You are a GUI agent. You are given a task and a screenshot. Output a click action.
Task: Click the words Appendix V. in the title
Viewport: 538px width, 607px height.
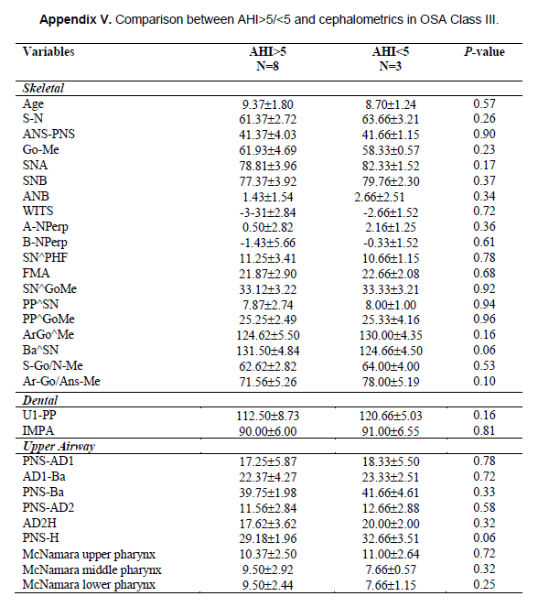tap(75, 19)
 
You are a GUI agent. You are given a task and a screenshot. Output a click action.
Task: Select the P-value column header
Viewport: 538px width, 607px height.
tap(484, 51)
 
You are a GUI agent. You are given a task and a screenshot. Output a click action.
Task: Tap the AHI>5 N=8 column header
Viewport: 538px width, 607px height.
tap(267, 59)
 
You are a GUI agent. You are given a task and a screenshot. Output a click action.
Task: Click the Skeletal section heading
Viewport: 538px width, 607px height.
tap(43, 88)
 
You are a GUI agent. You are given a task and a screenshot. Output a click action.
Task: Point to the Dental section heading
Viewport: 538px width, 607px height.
tap(40, 400)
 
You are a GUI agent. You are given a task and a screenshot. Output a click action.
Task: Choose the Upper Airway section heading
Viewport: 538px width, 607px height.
tap(59, 447)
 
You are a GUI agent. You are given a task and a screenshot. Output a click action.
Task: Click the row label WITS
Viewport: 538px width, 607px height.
tap(38, 211)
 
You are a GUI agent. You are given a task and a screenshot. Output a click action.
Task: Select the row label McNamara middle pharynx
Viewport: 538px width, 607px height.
tap(92, 569)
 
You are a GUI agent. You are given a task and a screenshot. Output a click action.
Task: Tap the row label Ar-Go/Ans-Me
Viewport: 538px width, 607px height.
tap(61, 381)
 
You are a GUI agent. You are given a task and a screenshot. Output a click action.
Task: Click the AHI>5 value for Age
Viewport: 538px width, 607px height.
tap(268, 104)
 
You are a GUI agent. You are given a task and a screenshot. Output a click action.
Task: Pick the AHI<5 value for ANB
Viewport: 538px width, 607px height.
tap(380, 197)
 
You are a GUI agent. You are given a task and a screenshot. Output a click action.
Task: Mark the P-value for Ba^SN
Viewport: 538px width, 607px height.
tap(484, 350)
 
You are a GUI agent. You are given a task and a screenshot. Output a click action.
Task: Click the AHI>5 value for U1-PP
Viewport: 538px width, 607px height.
tap(268, 416)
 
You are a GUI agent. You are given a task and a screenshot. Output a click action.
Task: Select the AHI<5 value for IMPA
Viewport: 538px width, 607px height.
tap(391, 431)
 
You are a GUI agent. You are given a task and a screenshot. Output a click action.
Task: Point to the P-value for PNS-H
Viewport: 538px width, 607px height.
tap(484, 537)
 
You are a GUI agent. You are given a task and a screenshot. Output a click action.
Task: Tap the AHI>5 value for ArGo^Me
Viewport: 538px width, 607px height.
tap(268, 335)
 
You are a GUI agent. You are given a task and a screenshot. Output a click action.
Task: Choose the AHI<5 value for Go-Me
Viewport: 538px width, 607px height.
tap(391, 150)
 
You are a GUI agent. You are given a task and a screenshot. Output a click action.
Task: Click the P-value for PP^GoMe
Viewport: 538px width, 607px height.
tap(484, 319)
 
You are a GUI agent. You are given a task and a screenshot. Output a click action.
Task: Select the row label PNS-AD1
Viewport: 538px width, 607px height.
tap(48, 461)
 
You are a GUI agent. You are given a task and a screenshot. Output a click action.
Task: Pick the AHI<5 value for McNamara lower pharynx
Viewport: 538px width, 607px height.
tap(391, 585)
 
